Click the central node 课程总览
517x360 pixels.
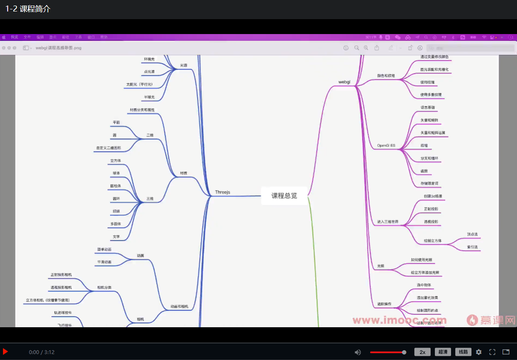coord(284,196)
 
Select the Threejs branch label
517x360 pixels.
coord(223,192)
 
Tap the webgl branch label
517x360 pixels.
coord(344,82)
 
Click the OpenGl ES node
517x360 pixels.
coord(386,146)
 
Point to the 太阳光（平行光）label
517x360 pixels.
coord(139,84)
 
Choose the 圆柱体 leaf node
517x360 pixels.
coord(115,186)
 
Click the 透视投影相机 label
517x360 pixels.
coord(61,287)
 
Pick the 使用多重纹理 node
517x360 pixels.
coord(431,94)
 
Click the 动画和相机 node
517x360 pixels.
coord(179,306)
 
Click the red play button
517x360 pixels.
coord(6,352)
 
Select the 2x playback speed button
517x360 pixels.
coord(423,352)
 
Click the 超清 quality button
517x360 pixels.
coord(443,352)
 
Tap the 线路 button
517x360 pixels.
coord(463,352)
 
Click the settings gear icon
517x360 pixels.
coord(479,352)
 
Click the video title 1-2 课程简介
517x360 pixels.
coord(28,9)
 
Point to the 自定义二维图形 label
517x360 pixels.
coord(109,148)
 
